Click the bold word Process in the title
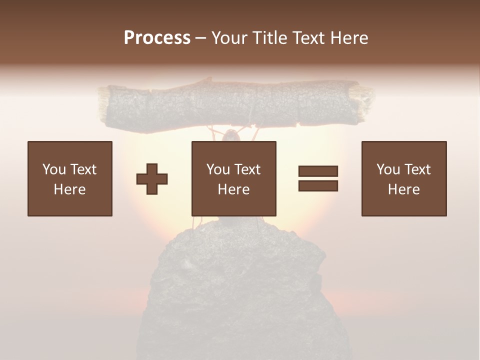coord(157,38)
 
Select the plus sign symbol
coord(152,179)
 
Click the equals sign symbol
coord(318,178)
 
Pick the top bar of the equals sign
coord(318,171)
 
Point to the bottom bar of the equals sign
coord(318,185)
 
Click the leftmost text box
coord(70,178)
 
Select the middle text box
coord(234,178)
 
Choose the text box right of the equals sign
coord(404,178)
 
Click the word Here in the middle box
coord(234,189)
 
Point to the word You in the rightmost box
coord(388,169)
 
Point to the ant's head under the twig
coord(231,136)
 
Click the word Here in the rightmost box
coord(404,189)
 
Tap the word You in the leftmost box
coord(54,169)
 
